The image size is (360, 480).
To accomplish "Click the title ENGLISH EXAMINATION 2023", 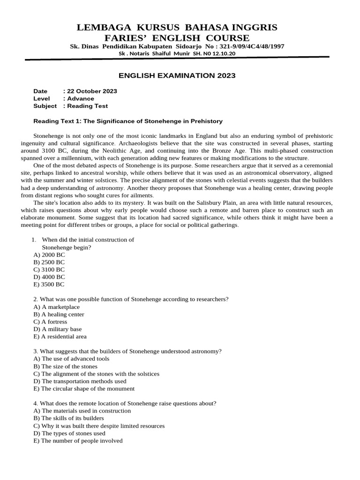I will click(177, 75).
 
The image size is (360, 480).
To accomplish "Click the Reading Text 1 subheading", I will click(128, 121).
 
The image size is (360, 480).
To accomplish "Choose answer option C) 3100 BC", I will click(49, 270).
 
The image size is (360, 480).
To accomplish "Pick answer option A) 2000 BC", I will click(49, 255).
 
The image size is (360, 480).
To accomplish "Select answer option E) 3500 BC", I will click(49, 285).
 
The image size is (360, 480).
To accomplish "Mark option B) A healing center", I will click(59, 314).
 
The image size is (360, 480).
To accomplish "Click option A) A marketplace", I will click(57, 307).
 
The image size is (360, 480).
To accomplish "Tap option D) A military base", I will click(58, 329).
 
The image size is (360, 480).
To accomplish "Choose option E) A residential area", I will click(60, 337).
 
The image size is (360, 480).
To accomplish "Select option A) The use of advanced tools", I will click(71, 359).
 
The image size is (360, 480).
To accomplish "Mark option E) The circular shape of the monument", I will click(84, 389).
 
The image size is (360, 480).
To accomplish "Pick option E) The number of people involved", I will click(78, 441).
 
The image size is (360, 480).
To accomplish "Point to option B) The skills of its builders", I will click(69, 418).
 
